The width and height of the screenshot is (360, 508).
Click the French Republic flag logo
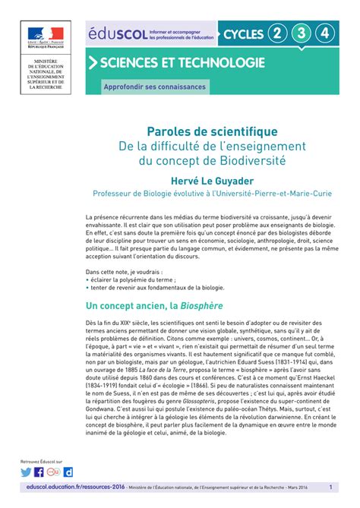pyautogui.click(x=47, y=36)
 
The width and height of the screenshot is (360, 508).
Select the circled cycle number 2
pyautogui.click(x=278, y=33)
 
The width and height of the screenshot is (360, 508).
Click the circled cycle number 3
pyautogui.click(x=302, y=33)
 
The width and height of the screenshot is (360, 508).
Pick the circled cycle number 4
pyautogui.click(x=326, y=33)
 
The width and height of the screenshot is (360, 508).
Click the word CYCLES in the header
pyautogui.click(x=242, y=34)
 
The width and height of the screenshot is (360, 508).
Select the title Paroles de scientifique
pyautogui.click(x=206, y=132)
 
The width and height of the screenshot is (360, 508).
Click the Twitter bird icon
pyautogui.click(x=27, y=472)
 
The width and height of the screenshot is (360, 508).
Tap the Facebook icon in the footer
pyautogui.click(x=39, y=472)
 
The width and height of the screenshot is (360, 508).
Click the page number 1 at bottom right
pyautogui.click(x=331, y=487)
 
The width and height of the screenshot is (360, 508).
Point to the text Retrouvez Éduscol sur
pyautogui.click(x=42, y=461)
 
